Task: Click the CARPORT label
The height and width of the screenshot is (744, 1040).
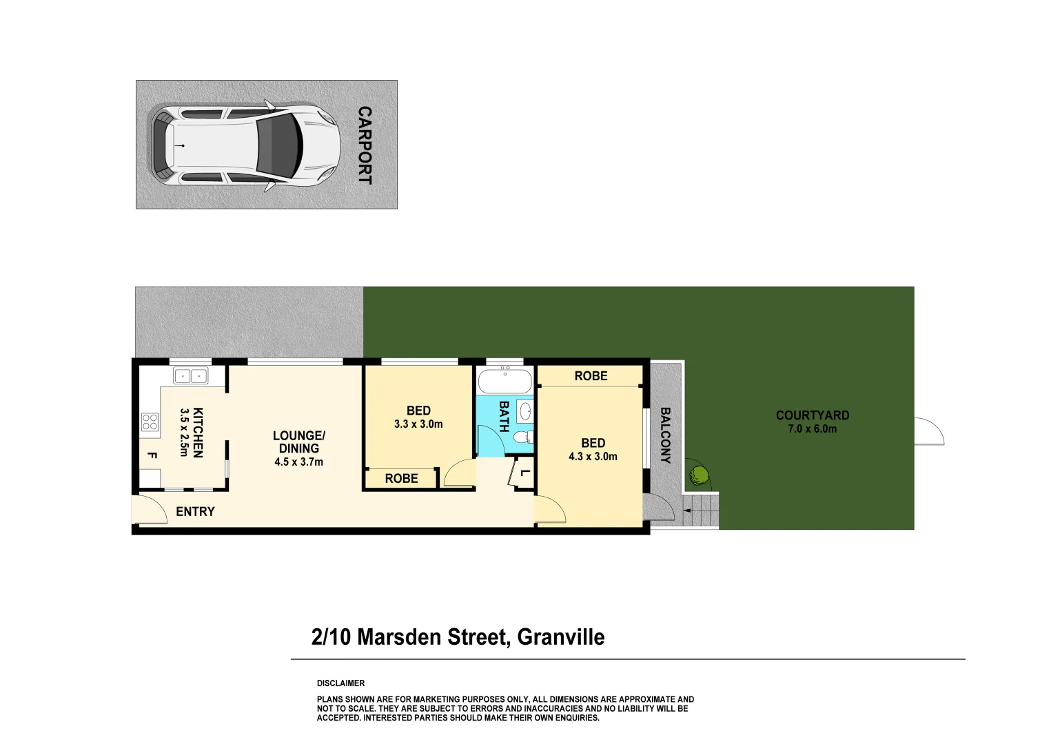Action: [365, 145]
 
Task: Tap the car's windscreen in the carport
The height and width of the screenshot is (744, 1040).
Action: [281, 145]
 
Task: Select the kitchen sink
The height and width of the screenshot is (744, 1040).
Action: [190, 376]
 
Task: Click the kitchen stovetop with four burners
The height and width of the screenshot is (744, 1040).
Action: [150, 422]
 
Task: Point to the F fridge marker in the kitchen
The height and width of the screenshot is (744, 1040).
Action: [152, 455]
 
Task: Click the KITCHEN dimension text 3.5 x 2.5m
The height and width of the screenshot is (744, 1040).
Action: [184, 432]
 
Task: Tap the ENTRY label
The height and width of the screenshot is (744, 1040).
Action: [195, 511]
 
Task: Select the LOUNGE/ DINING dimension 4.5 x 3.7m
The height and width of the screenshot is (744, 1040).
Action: [298, 462]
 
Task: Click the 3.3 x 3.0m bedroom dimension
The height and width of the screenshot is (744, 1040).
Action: [418, 424]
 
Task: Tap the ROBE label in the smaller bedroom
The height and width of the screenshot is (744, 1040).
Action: [401, 478]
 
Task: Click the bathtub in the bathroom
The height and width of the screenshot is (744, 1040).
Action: [505, 381]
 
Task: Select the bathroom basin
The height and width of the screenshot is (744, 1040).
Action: [525, 412]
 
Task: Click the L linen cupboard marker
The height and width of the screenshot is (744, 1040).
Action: [525, 473]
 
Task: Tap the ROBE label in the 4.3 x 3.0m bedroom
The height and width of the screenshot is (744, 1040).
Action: [591, 375]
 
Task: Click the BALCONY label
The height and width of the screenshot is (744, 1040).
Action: [665, 435]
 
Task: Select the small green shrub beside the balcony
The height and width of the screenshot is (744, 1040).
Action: [699, 475]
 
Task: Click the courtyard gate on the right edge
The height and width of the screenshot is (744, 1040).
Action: [928, 431]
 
